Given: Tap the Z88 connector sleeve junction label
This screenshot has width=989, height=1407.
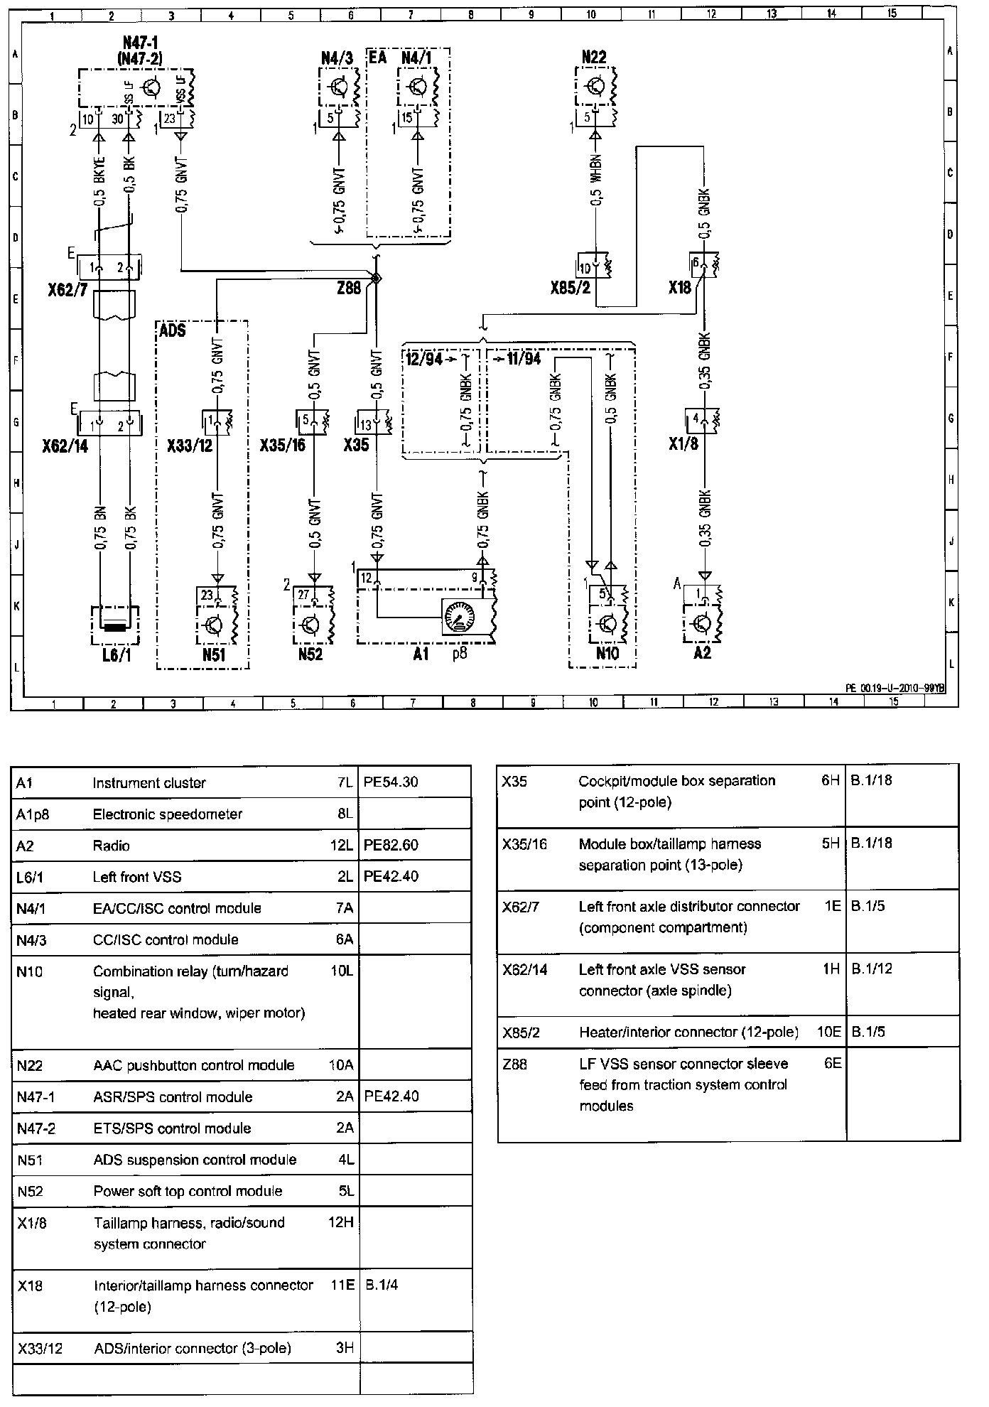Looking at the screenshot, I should [x=350, y=288].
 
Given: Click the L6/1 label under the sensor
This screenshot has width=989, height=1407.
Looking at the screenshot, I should [x=117, y=655].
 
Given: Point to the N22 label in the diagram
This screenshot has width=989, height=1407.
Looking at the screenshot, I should [x=595, y=56].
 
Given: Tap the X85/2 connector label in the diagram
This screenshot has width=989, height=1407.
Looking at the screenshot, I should [x=570, y=289].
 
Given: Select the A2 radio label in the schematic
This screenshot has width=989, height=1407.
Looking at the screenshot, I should [x=702, y=652].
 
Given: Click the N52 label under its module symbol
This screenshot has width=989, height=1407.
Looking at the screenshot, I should [x=310, y=654].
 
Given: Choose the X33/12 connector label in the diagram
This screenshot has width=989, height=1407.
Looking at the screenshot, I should [x=190, y=446].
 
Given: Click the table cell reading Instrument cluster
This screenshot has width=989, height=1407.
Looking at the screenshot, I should [x=149, y=783].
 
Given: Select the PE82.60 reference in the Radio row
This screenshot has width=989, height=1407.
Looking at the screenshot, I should [x=391, y=846].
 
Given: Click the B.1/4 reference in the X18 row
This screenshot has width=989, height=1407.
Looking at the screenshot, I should [x=382, y=1285].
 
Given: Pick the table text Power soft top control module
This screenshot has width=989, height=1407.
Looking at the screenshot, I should [x=188, y=1191].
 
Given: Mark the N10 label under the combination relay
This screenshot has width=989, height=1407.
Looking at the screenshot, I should [x=606, y=654].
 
